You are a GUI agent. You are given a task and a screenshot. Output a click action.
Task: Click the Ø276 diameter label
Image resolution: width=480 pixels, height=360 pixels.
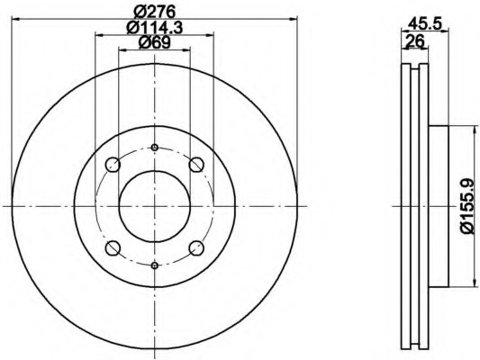(x=155, y=12)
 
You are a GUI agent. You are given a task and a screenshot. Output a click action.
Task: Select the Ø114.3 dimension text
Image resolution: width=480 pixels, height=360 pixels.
(x=155, y=28)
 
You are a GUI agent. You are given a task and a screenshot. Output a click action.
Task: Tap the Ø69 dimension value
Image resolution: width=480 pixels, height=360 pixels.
(x=155, y=42)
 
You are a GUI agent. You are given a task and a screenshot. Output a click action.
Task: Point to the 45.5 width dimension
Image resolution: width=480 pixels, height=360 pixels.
(x=425, y=23)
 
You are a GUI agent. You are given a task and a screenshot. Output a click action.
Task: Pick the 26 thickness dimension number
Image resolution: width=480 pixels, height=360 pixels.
(x=414, y=40)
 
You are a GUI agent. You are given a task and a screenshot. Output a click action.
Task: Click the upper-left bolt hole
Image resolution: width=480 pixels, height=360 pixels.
(x=113, y=165)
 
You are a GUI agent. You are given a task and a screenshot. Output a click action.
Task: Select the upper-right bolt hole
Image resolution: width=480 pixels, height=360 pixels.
(x=196, y=165)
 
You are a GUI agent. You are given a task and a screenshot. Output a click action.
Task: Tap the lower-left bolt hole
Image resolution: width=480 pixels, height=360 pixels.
(x=113, y=248)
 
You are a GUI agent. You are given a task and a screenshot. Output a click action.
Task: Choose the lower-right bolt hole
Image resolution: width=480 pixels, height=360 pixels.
(x=196, y=248)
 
